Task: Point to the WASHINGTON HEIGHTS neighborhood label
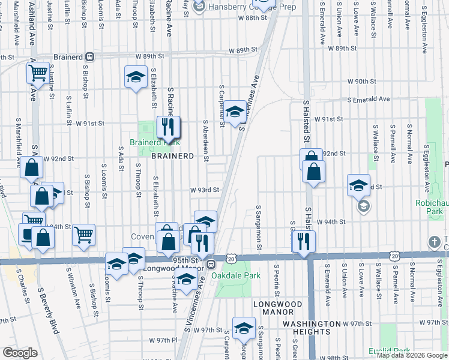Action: coord(312,324)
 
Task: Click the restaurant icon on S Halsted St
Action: coord(306,241)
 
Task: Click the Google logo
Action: coord(20,353)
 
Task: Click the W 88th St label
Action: coord(252,19)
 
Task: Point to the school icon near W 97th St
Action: coord(244,328)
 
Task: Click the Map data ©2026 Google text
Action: coord(412,355)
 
